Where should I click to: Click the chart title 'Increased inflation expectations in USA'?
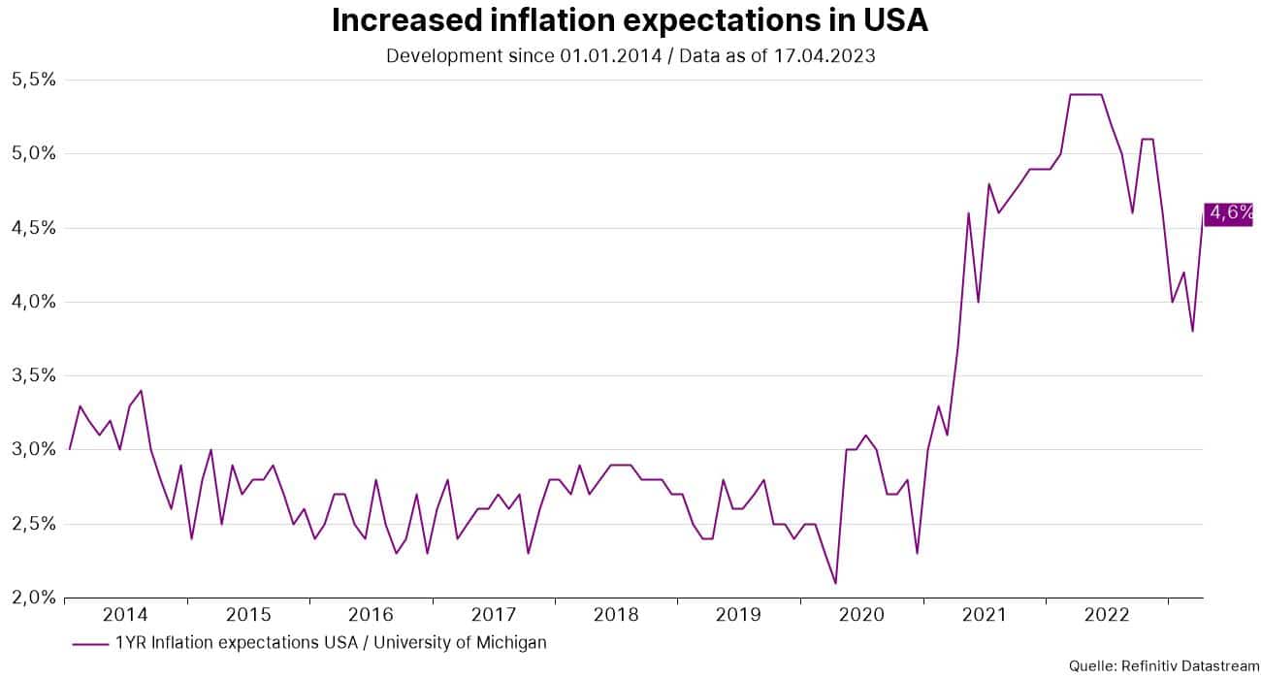click(x=630, y=20)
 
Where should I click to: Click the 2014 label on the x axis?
click(x=125, y=615)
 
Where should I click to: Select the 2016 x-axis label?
click(x=371, y=615)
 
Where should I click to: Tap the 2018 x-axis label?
click(x=616, y=615)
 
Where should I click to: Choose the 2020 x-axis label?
click(x=861, y=615)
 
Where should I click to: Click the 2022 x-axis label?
click(x=1107, y=615)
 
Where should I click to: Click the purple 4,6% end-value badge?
click(x=1228, y=214)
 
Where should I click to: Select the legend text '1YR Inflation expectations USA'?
click(x=242, y=642)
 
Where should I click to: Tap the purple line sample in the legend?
click(x=89, y=643)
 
